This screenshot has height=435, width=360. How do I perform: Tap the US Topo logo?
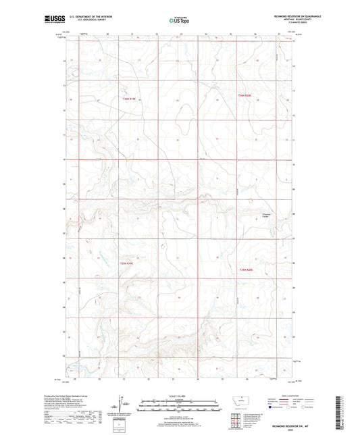pos(178,21)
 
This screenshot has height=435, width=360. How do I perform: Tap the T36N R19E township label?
pos(130,99)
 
